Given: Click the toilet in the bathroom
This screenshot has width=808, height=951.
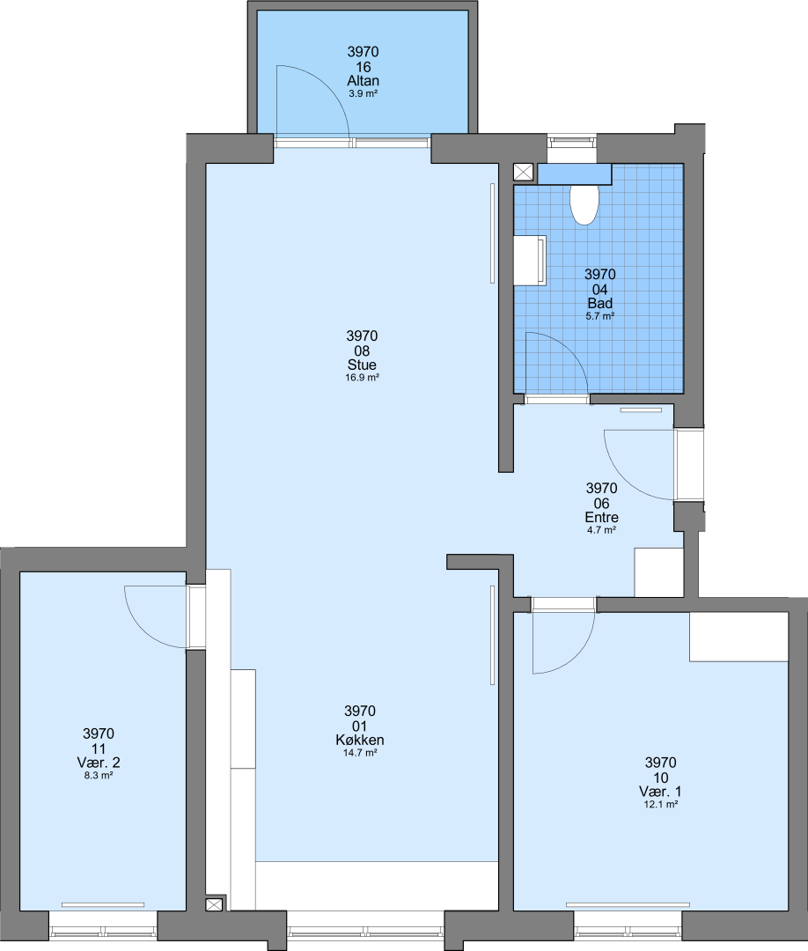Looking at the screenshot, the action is [x=584, y=203].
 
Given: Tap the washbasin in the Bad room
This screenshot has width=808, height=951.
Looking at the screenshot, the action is [x=530, y=260].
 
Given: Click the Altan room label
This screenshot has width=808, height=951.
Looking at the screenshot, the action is [x=364, y=81].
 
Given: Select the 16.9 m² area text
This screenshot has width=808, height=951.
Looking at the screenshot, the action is [x=363, y=377].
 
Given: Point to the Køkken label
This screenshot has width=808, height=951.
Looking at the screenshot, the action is [x=360, y=740].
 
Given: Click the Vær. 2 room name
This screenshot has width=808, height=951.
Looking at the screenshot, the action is [x=99, y=763].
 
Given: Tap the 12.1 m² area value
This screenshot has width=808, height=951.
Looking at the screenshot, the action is [x=661, y=804].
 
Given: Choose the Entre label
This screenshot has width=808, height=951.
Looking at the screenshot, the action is [x=602, y=518].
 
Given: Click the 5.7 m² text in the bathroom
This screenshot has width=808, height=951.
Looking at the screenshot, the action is [x=600, y=316].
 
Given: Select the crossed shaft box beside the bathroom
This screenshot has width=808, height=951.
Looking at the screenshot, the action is [x=523, y=173].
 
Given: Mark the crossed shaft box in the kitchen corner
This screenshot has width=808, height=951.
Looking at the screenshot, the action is [x=215, y=905].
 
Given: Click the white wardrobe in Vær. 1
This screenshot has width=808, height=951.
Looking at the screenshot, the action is [x=738, y=637].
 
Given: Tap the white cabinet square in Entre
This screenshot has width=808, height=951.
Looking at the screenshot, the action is [x=659, y=572].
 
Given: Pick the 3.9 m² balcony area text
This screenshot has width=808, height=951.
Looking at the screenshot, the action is [x=364, y=94].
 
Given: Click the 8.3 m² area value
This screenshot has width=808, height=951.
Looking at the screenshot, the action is [x=99, y=775].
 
